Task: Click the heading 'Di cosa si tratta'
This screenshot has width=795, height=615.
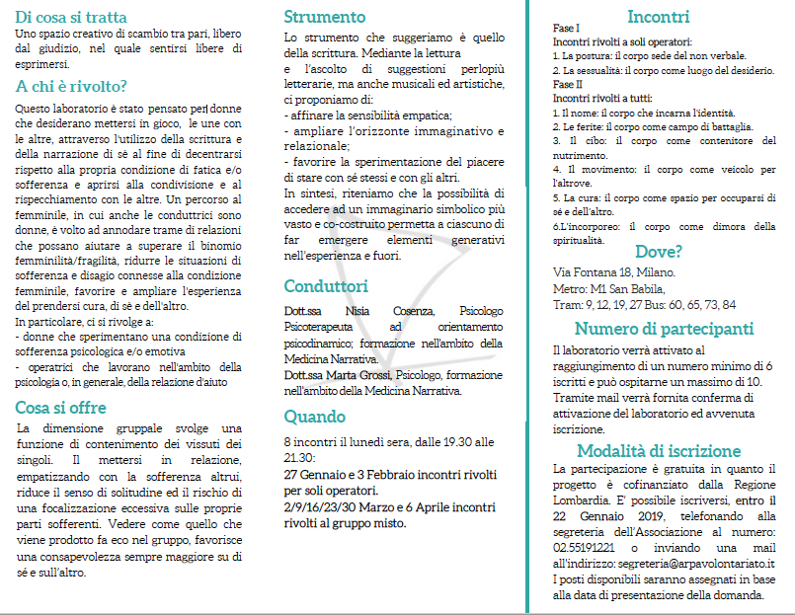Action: (71, 17)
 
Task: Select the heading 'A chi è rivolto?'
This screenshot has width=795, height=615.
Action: (70, 86)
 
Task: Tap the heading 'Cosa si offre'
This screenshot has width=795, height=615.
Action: (60, 408)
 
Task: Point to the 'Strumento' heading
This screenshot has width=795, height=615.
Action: (324, 17)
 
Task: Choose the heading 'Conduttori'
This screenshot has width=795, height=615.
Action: (326, 286)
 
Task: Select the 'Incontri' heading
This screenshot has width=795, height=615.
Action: (658, 16)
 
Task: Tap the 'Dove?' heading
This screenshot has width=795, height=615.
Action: (659, 251)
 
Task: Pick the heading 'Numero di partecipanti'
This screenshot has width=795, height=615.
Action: (664, 329)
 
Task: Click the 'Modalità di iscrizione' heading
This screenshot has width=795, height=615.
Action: (659, 450)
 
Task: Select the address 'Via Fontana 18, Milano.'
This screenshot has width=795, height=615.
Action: (614, 271)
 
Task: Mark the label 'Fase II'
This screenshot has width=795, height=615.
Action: (569, 84)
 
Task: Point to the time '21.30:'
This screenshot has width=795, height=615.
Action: (300, 458)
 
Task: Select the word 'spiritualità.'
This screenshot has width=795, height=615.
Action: (578, 239)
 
